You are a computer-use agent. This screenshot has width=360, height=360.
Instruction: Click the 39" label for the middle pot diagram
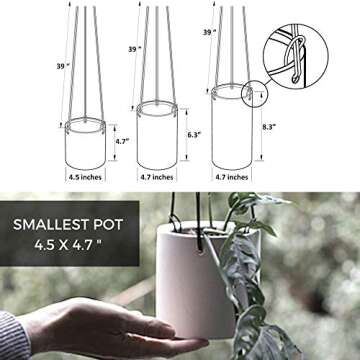click(x=134, y=48)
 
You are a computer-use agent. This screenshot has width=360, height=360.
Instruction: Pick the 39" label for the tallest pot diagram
click(x=209, y=32)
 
